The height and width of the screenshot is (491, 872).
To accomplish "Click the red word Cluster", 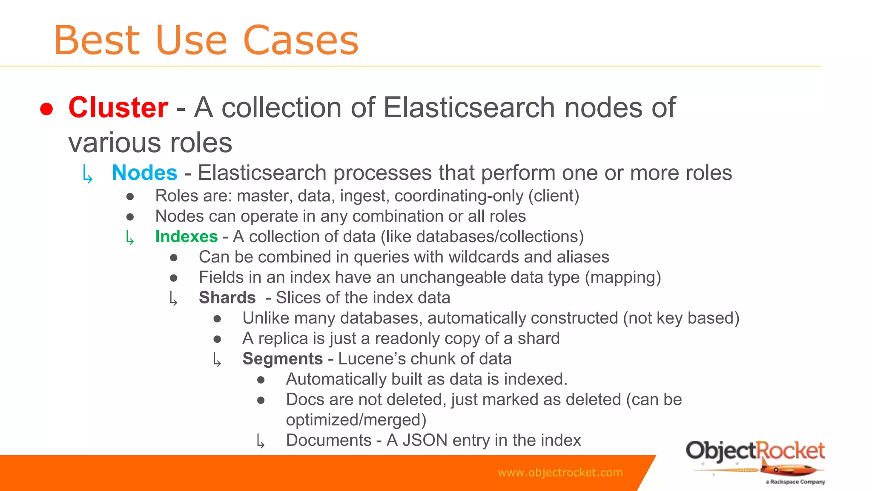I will pos(118,107).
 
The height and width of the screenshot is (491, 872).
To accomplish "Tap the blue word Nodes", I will pos(144,173).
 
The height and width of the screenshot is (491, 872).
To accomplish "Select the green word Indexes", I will pos(186,237).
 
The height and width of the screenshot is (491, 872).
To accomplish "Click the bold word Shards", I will pos(227,297).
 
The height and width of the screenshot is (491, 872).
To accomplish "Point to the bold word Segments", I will pos(282,359).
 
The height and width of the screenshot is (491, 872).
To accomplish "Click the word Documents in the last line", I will pos(329,440).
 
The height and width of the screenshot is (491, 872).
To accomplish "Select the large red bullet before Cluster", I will pos(46,109).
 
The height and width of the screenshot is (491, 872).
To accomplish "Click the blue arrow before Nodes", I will pos(88,175).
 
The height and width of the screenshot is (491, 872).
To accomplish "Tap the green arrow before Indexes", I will pos(130,238).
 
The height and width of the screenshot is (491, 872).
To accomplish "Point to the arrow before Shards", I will pos(173,299).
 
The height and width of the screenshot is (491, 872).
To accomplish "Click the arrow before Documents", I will pos(261,442).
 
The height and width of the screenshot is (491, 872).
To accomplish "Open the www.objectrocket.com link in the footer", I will pos(560,472).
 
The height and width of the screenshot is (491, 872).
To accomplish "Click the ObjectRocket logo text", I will pos(755,451).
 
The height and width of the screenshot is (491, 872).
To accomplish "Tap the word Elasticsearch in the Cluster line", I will pos(469,107).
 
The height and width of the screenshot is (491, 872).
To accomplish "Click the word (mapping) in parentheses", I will pos(622,277).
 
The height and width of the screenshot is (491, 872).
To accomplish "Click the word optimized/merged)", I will pos(356,420).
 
